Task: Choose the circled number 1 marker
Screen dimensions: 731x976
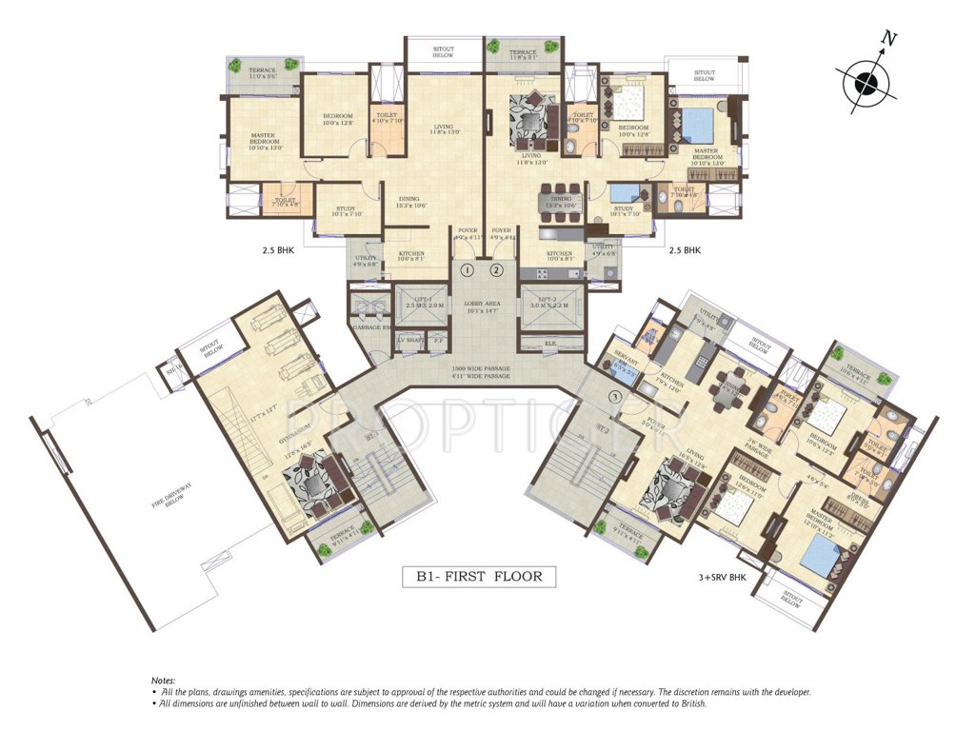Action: tap(468, 270)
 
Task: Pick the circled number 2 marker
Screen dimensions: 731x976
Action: tap(496, 270)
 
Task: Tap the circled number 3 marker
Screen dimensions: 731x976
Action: tap(615, 396)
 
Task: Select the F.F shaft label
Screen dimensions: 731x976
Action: tap(439, 340)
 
